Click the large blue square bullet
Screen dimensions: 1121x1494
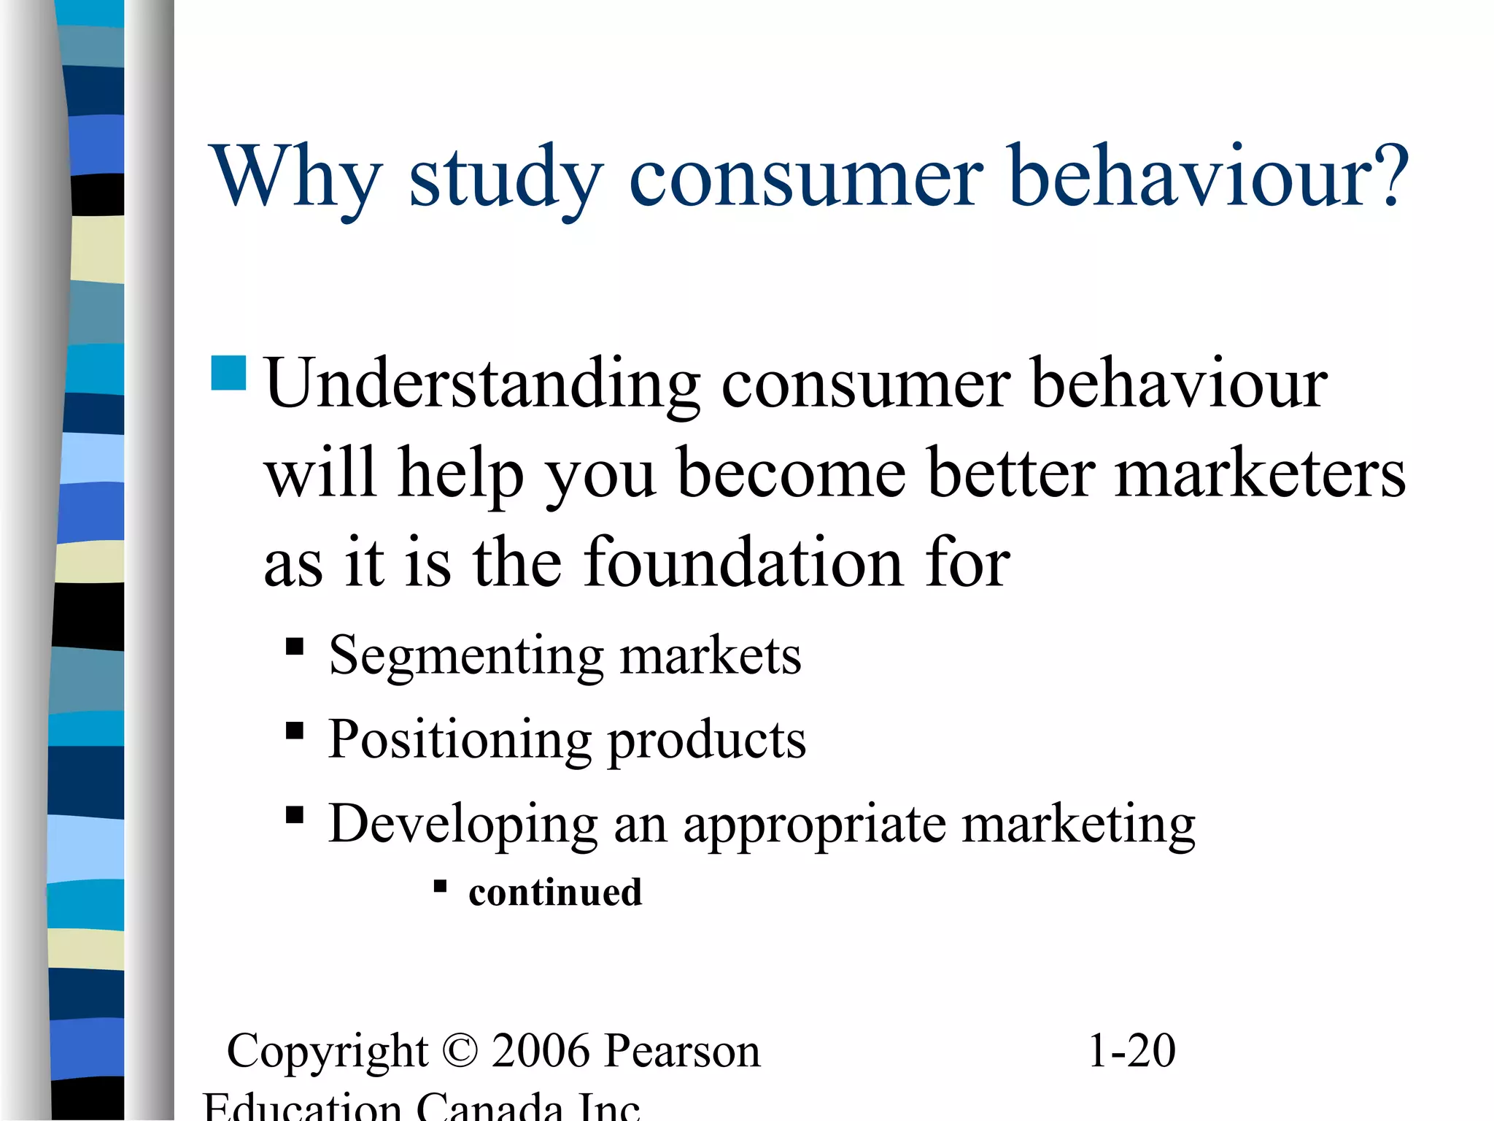point(228,373)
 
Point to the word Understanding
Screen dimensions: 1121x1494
point(482,385)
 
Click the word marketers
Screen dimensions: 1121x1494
point(1260,475)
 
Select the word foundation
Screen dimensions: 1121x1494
point(743,562)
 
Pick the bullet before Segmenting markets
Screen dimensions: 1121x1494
point(295,647)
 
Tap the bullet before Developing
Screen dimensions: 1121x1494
point(295,814)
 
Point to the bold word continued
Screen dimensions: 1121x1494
point(555,893)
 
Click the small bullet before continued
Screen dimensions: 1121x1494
point(440,887)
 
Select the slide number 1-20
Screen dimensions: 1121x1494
point(1131,1052)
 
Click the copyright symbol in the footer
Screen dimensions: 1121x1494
point(460,1052)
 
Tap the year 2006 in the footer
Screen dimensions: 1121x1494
point(540,1052)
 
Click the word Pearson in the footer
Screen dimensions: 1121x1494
point(683,1052)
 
